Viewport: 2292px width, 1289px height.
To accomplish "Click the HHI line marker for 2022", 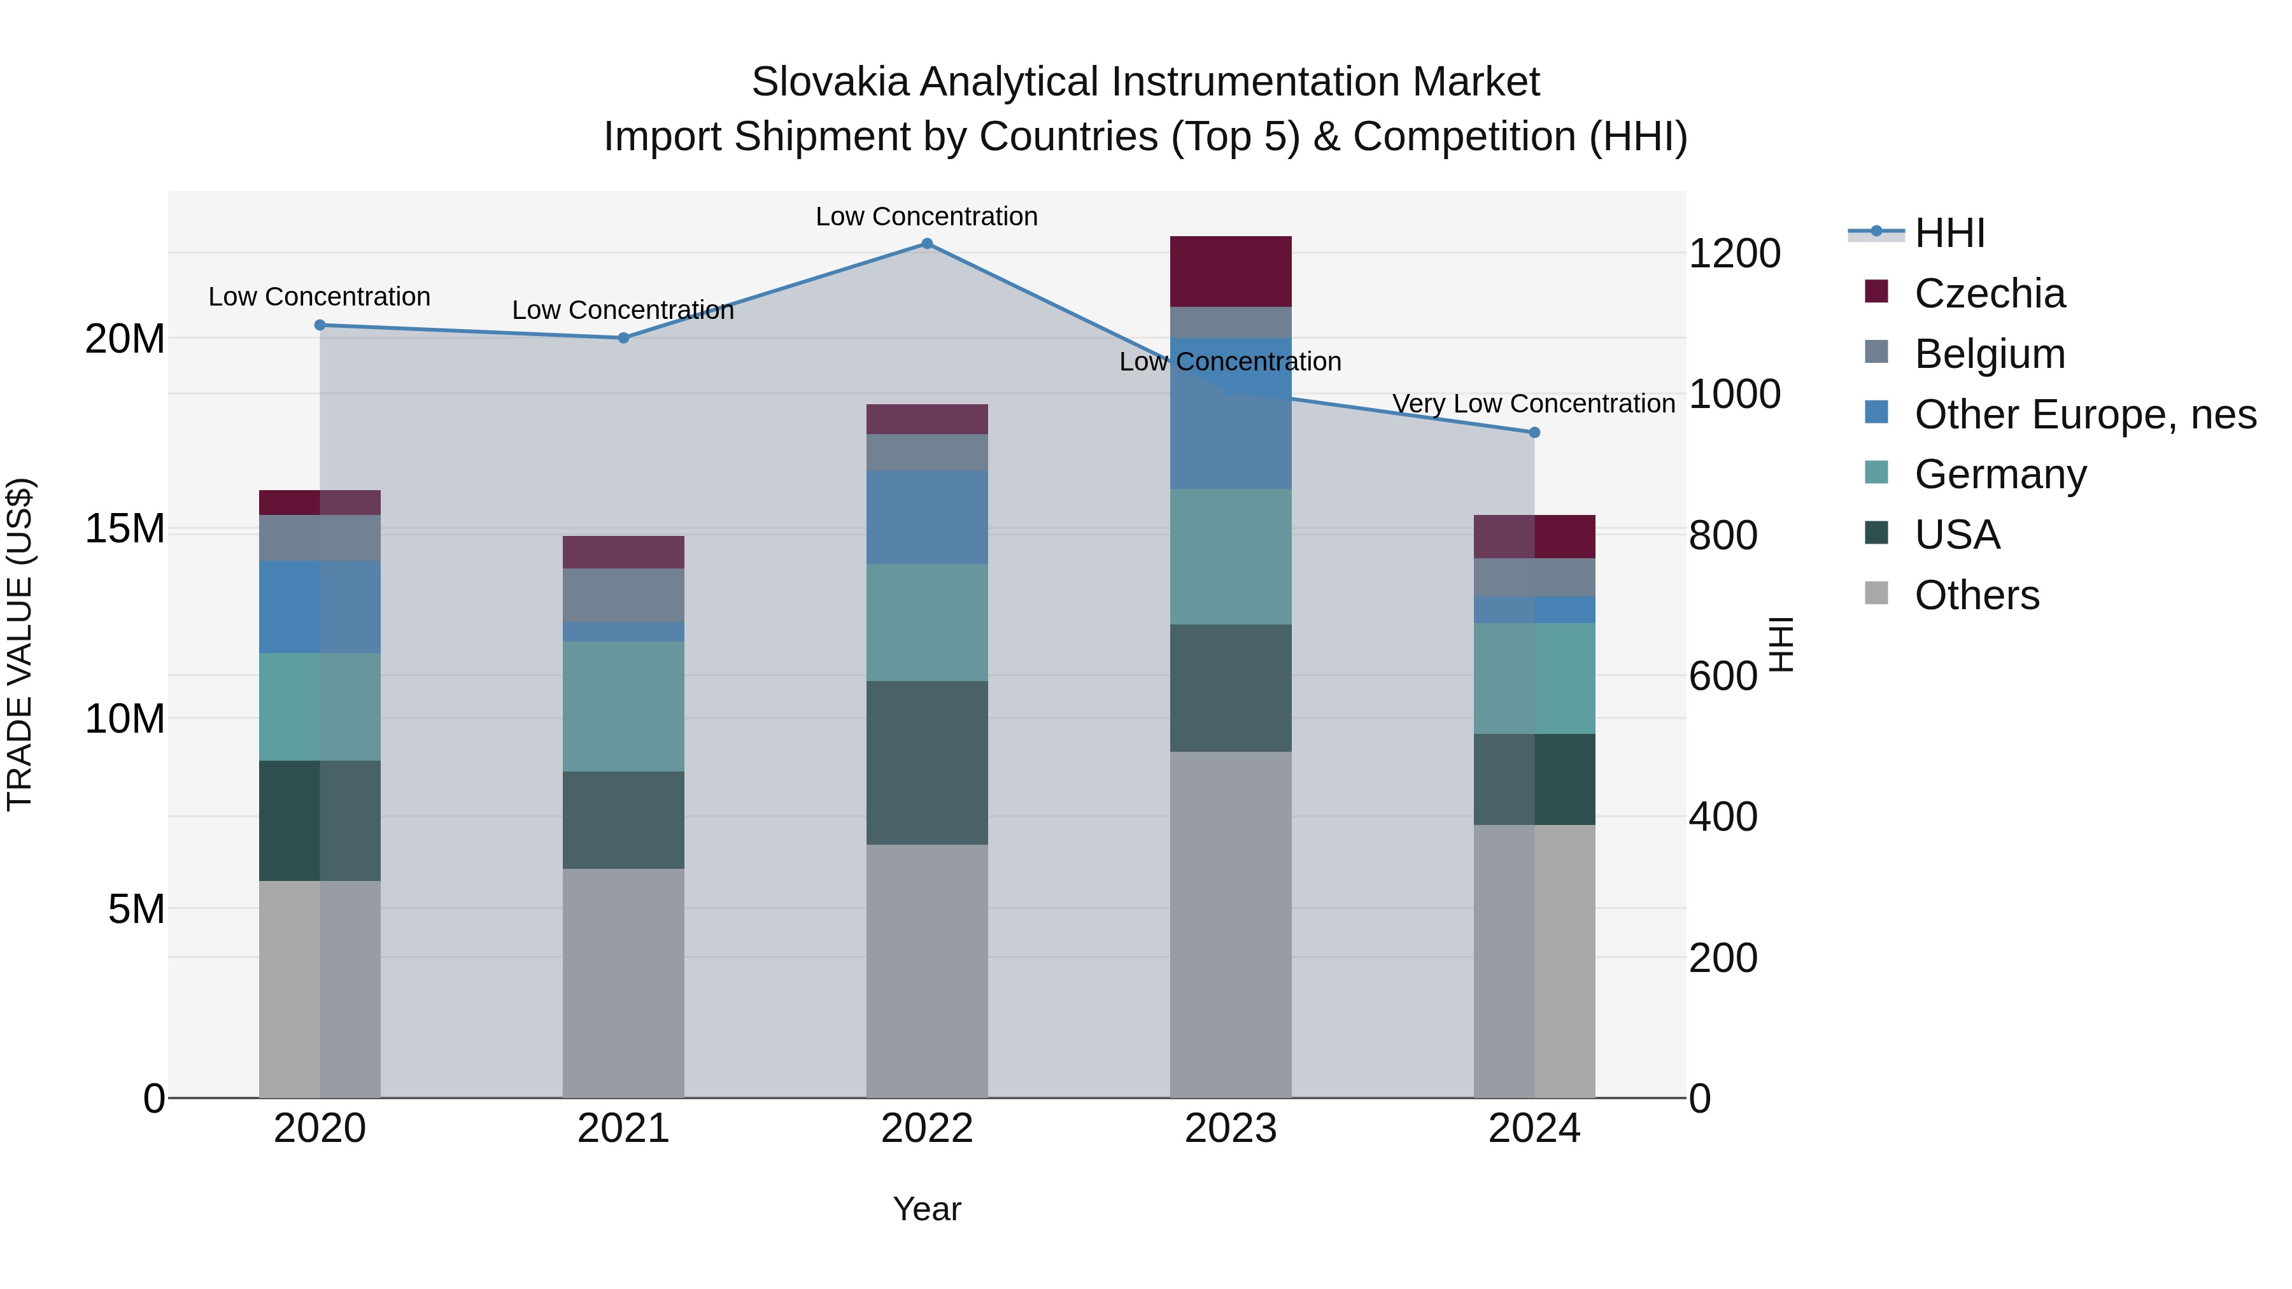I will pyautogui.click(x=926, y=244).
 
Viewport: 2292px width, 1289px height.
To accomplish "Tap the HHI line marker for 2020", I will pyautogui.click(x=320, y=325).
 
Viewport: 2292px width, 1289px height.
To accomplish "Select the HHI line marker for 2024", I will pyautogui.click(x=1534, y=432).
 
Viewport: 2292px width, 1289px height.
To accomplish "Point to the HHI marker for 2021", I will pyautogui.click(x=624, y=338).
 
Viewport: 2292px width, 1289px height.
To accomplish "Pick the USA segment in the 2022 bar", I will pyautogui.click(x=926, y=763).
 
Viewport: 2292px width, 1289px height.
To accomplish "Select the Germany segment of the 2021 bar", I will pyautogui.click(x=624, y=707).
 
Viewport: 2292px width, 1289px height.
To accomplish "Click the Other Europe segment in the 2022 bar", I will pyautogui.click(x=926, y=517).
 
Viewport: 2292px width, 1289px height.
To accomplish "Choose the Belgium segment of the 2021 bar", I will pyautogui.click(x=624, y=595).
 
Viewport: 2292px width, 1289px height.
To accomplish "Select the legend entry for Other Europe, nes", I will pyautogui.click(x=2084, y=414).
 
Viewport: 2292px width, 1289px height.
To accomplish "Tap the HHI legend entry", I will pyautogui.click(x=1949, y=233).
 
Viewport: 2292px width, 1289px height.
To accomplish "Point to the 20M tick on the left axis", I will pyautogui.click(x=125, y=339).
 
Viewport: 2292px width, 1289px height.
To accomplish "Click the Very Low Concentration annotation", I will pyautogui.click(x=1533, y=404).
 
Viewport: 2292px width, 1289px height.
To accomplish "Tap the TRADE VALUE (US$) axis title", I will pyautogui.click(x=20, y=644).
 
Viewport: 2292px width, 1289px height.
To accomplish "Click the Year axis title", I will pyautogui.click(x=926, y=1209).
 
